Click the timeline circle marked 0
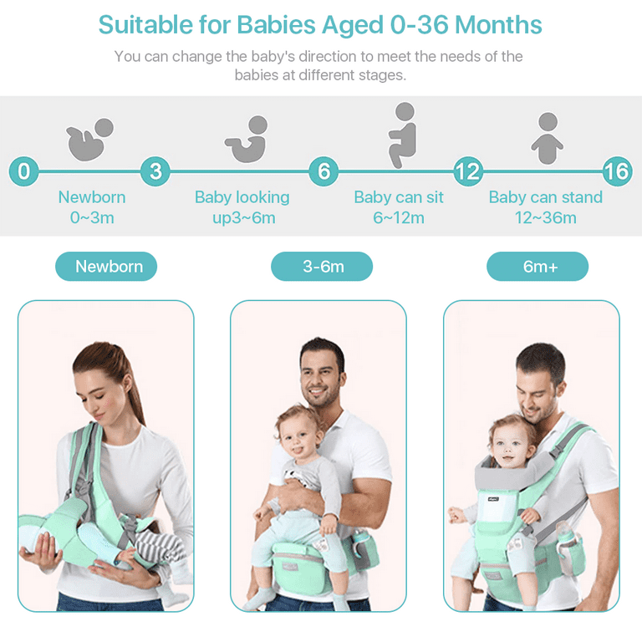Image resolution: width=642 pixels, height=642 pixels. click(x=23, y=171)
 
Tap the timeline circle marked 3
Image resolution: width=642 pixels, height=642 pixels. click(x=155, y=171)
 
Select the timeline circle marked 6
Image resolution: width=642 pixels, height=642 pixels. click(x=324, y=171)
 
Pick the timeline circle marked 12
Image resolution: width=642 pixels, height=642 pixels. click(x=468, y=171)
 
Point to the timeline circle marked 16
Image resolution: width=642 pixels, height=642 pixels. click(x=618, y=171)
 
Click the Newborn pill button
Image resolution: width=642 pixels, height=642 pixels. click(x=106, y=266)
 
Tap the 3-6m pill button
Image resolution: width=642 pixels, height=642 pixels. click(x=322, y=266)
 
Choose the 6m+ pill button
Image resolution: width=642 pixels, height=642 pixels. click(x=538, y=266)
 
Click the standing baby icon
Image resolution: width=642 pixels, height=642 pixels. click(x=548, y=139)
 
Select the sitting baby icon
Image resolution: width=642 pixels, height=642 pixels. click(x=402, y=135)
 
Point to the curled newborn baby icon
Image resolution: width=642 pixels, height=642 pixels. click(x=90, y=140)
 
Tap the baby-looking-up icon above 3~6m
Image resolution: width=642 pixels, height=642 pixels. click(x=247, y=140)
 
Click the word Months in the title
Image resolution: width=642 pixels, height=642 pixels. click(x=498, y=24)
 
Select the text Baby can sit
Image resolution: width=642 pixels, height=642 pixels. click(x=399, y=197)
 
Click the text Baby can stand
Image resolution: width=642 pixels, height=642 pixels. click(x=546, y=197)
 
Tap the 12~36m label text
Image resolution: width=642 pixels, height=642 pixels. click(x=546, y=217)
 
